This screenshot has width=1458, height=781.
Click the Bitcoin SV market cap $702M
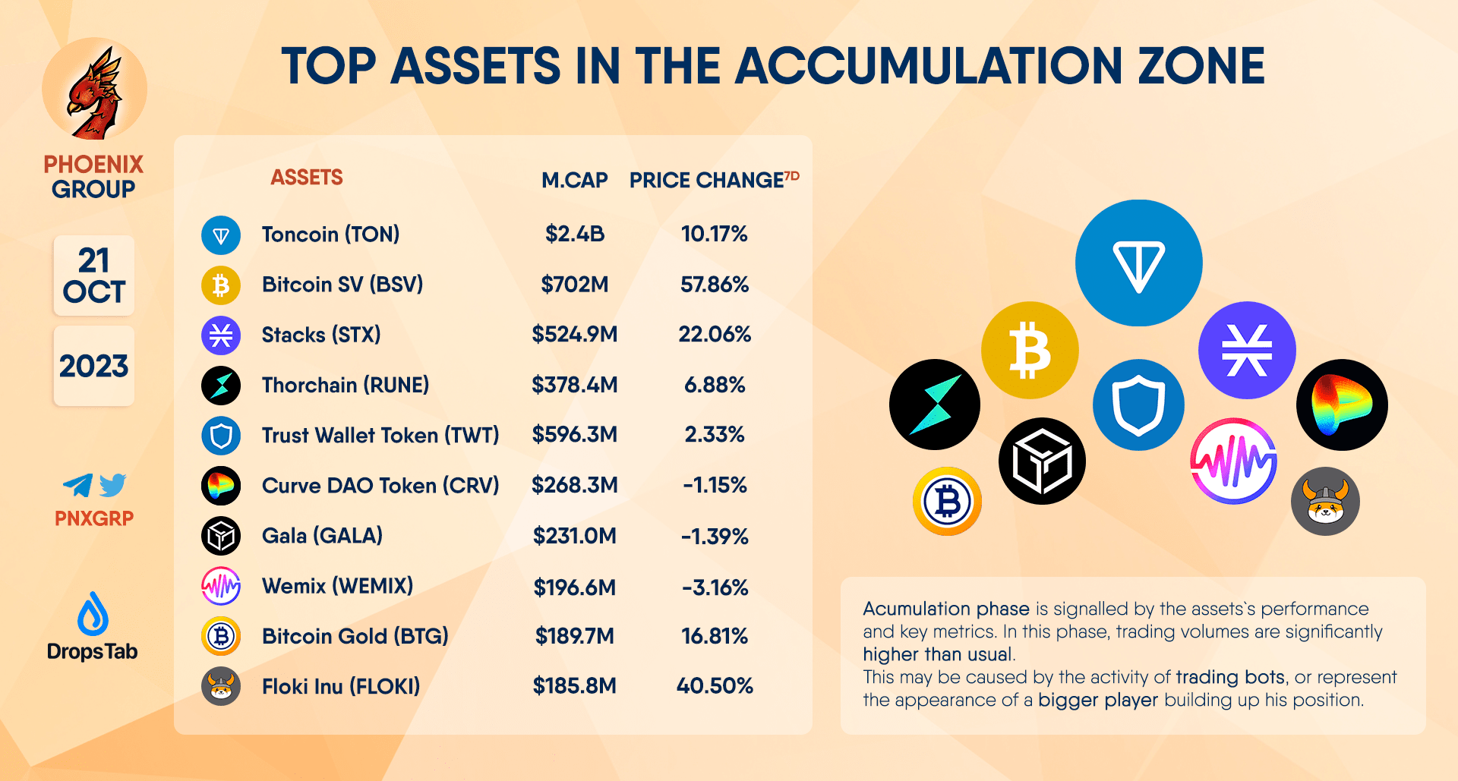tap(574, 285)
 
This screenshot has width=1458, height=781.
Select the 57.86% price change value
tap(714, 285)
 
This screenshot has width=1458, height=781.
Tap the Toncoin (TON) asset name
tap(330, 235)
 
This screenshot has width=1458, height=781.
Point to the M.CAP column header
tap(574, 181)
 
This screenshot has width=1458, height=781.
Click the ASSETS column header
tap(307, 178)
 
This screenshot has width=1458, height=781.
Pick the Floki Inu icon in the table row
tap(221, 686)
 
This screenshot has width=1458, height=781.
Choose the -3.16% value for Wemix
tap(715, 587)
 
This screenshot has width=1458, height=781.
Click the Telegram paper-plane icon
tap(78, 485)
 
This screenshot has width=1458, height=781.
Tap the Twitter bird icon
tap(112, 485)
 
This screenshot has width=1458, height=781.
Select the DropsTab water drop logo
tap(93, 614)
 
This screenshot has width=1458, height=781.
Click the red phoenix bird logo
tap(95, 91)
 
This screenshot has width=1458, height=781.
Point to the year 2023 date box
tap(94, 367)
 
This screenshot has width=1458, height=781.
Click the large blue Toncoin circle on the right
tap(1138, 263)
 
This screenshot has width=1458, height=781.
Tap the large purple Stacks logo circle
tap(1246, 350)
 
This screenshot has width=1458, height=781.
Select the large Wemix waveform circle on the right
tap(1233, 461)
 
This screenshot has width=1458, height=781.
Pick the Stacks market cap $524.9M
tap(574, 335)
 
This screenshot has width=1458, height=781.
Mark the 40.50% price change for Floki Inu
tap(715, 686)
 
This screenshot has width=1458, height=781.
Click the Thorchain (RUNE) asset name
tap(346, 386)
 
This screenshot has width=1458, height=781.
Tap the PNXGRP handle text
tap(94, 518)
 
